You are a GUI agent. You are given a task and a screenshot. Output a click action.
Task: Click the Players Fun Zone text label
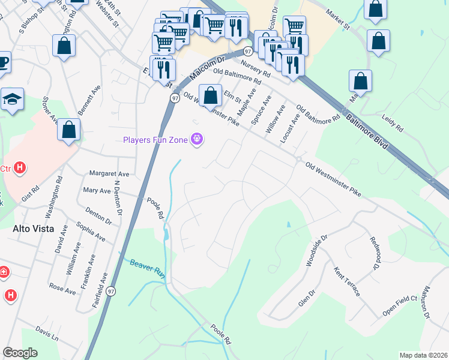(x=155, y=140)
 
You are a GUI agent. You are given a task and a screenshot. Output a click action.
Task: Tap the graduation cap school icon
(x=12, y=100)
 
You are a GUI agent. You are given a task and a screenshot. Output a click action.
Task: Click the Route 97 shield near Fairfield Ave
(x=111, y=291)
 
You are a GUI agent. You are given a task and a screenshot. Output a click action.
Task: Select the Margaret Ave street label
(x=109, y=174)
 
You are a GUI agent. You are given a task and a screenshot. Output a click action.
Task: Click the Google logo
(x=20, y=353)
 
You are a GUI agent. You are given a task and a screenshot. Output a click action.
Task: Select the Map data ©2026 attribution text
(x=423, y=355)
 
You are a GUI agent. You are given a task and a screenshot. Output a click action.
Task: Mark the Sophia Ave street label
(x=91, y=231)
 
